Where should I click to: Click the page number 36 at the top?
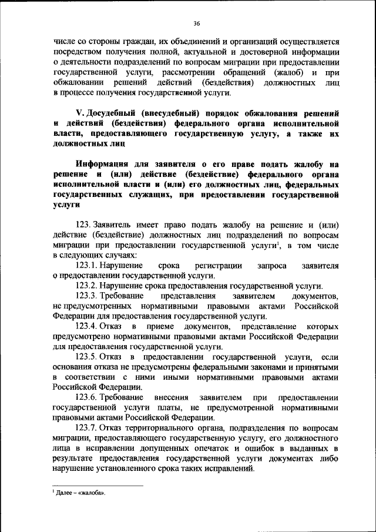click(196, 23)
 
